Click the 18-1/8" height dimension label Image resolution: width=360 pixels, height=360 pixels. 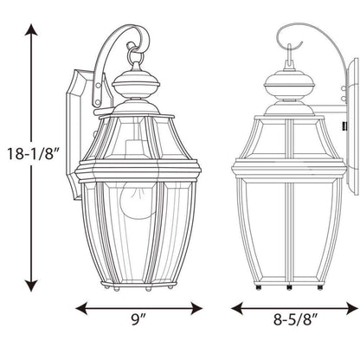click(x=33, y=153)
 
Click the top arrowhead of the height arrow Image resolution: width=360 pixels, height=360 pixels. click(x=31, y=29)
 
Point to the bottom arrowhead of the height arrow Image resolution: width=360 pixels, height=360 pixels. click(x=31, y=286)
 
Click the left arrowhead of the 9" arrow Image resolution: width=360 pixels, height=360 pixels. click(x=81, y=308)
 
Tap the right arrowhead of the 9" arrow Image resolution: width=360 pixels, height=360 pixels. click(x=196, y=308)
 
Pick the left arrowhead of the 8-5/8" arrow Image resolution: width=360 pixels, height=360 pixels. click(x=237, y=308)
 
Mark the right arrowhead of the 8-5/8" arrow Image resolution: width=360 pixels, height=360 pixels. click(x=352, y=308)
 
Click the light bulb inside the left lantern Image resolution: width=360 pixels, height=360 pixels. click(x=136, y=199)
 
